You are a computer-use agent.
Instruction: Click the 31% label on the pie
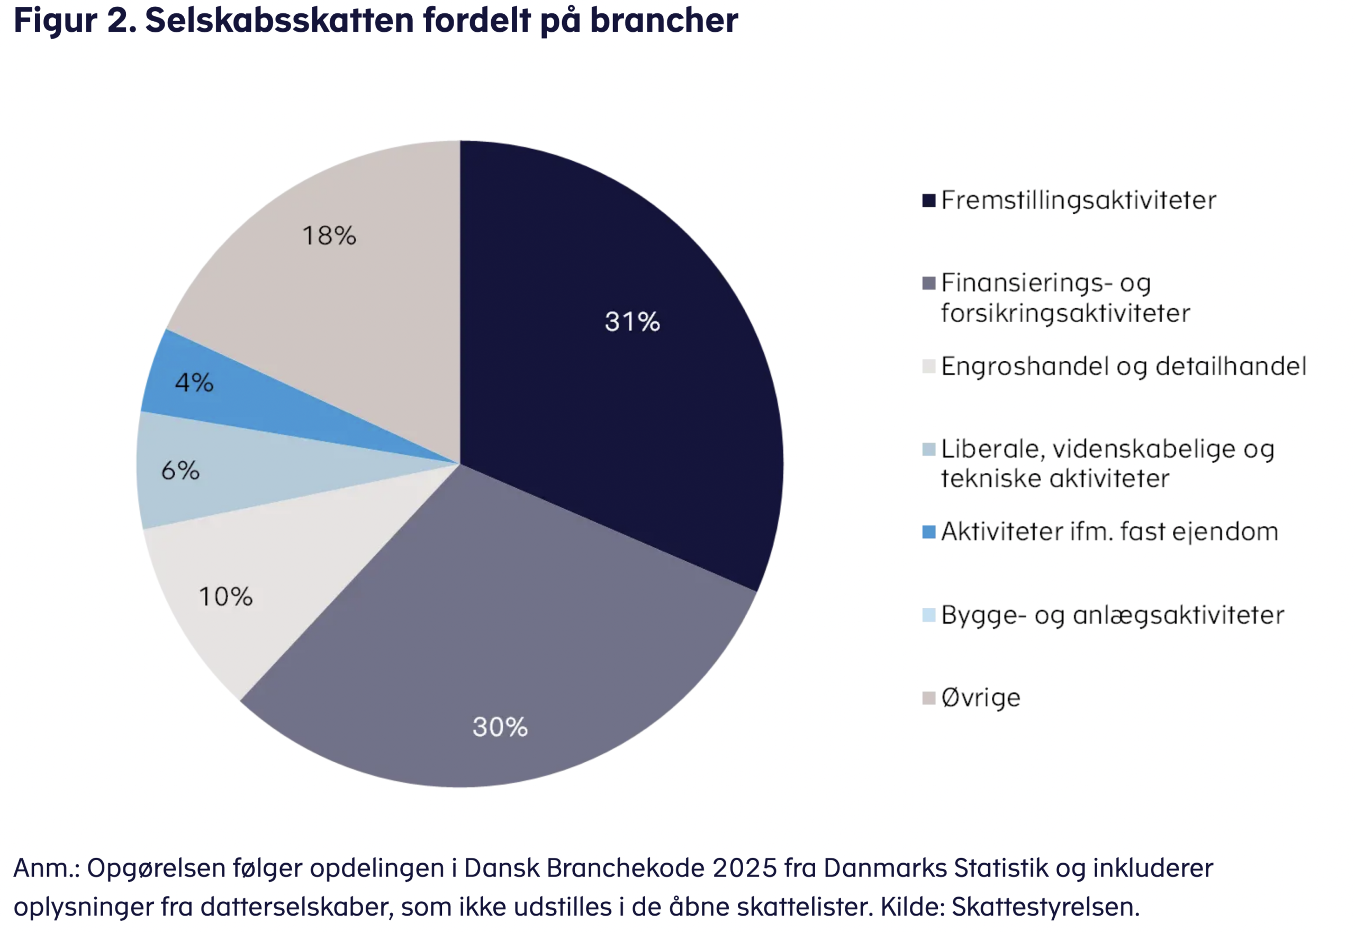[631, 322]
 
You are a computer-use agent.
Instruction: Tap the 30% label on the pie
[500, 727]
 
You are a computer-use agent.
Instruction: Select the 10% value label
[225, 597]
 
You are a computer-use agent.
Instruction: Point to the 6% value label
[180, 471]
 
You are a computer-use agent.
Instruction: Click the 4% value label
[194, 383]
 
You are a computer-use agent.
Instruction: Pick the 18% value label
[329, 236]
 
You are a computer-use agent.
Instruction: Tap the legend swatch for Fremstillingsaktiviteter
[928, 201]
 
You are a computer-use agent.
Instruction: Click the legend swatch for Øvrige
[928, 698]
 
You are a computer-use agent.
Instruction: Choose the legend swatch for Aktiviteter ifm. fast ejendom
[928, 532]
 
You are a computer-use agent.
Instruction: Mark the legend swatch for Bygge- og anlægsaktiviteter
[928, 615]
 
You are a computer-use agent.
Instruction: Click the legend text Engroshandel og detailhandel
[1123, 367]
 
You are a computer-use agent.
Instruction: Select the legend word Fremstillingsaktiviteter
[1078, 201]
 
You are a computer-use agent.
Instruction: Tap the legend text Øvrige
[980, 698]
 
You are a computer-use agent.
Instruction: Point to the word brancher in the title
[664, 21]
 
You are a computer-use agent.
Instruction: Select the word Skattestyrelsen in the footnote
[1045, 907]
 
